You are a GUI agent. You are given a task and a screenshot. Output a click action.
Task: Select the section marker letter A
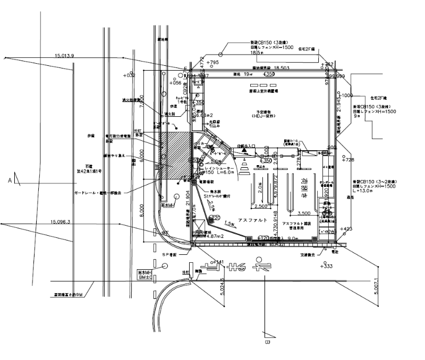(10, 181)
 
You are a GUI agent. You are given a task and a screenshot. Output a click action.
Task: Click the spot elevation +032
(129, 76)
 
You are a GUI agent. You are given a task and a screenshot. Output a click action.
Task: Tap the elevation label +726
(348, 159)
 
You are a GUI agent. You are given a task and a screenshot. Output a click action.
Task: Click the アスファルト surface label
(252, 220)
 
